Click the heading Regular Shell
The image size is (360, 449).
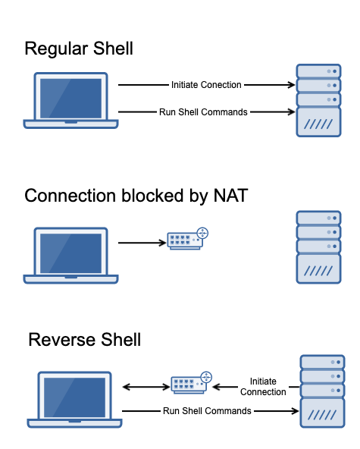click(79, 49)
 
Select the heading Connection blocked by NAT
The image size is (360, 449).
click(136, 196)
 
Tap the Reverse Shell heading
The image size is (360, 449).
click(84, 340)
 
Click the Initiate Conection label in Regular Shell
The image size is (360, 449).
click(206, 85)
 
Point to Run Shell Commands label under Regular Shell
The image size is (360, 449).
click(203, 112)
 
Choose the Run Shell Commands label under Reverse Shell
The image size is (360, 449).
click(207, 411)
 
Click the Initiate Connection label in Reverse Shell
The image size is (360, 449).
click(263, 387)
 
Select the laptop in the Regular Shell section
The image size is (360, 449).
click(70, 101)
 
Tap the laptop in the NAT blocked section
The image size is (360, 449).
click(70, 256)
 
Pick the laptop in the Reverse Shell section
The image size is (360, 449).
click(75, 400)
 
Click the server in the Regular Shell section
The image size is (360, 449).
click(318, 101)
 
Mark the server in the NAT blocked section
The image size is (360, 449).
click(318, 247)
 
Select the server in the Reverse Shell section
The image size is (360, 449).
click(322, 391)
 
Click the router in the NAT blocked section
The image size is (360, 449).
click(188, 239)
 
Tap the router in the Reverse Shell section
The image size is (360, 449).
click(192, 383)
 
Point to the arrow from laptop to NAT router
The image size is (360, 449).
click(142, 243)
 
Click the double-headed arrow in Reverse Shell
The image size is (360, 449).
click(146, 387)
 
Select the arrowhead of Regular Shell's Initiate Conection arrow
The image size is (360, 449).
click(292, 85)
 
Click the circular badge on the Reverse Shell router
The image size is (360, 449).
click(206, 377)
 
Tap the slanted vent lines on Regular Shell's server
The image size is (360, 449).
click(318, 124)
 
